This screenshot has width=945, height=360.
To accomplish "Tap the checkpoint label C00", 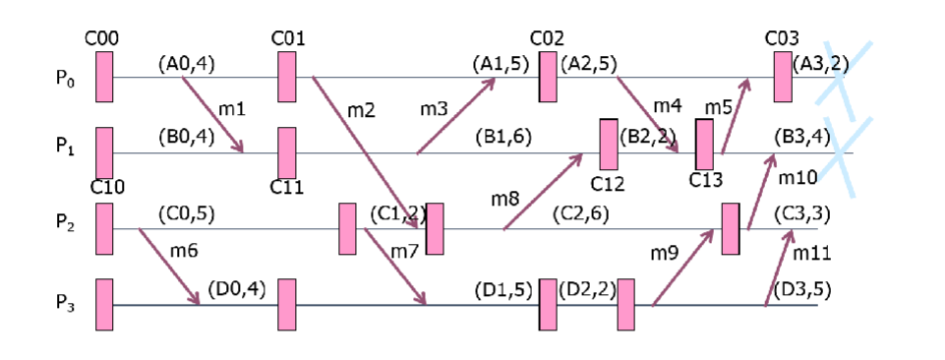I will click(x=102, y=38).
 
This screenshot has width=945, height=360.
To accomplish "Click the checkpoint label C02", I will click(x=547, y=38).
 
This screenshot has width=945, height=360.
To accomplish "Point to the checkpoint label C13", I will click(x=706, y=180).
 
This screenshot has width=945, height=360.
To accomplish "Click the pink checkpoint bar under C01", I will click(x=287, y=77).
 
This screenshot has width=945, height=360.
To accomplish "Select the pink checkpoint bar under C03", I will click(x=783, y=77).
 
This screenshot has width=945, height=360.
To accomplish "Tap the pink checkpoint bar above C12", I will click(x=609, y=144).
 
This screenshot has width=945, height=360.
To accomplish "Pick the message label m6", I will click(x=184, y=252).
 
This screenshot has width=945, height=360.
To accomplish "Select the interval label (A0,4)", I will click(x=186, y=64).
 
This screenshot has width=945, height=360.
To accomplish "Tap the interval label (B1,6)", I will click(x=502, y=137).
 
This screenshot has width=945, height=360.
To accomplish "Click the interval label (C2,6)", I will click(x=581, y=213).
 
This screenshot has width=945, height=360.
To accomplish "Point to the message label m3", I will click(x=435, y=106).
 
